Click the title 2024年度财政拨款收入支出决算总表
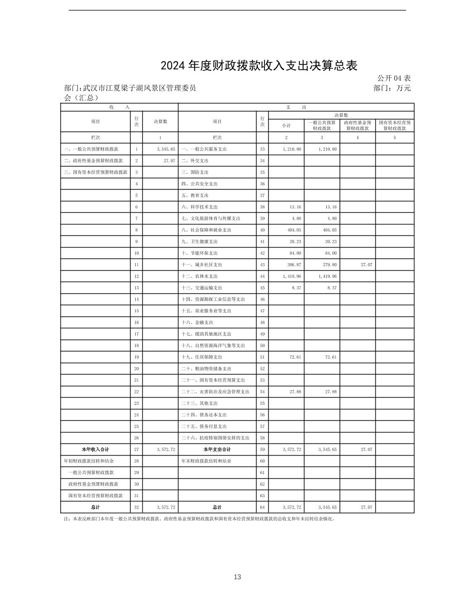click(x=259, y=66)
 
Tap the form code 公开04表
click(x=393, y=78)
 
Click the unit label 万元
click(x=403, y=88)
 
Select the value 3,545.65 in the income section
click(x=165, y=149)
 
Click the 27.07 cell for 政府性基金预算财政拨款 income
click(x=170, y=161)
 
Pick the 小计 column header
click(x=286, y=126)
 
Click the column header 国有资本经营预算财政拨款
click(x=394, y=126)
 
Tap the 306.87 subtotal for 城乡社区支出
click(x=292, y=265)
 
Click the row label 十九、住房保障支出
click(x=202, y=357)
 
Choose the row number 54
click(x=262, y=392)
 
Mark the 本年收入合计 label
click(x=95, y=450)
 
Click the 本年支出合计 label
click(x=217, y=450)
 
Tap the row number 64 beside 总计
click(x=262, y=507)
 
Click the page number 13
click(x=238, y=577)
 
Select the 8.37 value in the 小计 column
click(x=296, y=288)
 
